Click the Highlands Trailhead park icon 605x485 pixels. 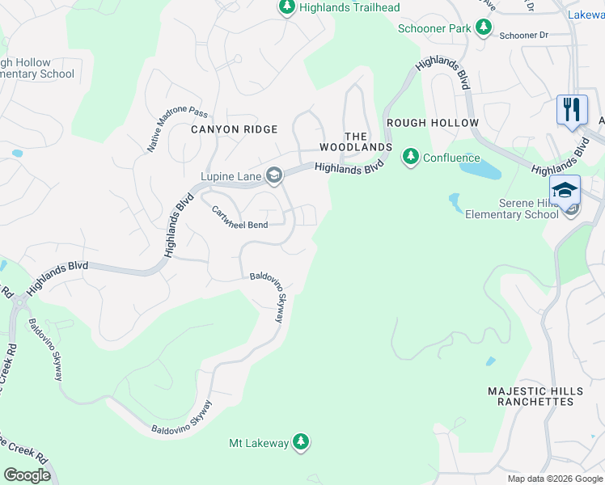coord(286,7)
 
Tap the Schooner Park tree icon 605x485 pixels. coord(484,28)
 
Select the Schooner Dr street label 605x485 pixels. coord(523,36)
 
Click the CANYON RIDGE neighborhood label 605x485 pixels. coord(234,129)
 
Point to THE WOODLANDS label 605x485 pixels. coord(355,142)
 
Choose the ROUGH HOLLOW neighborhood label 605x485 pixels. coord(433,123)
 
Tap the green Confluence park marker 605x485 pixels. coord(411,157)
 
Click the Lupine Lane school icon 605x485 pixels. coord(274,175)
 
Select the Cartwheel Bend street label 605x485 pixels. coord(239,213)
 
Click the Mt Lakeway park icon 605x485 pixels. coord(301,441)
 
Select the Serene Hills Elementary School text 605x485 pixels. coord(511,209)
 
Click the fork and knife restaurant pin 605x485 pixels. coord(572,109)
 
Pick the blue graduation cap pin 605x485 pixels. coord(565,190)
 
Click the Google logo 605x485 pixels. coord(28,475)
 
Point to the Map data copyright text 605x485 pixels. coord(555,479)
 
